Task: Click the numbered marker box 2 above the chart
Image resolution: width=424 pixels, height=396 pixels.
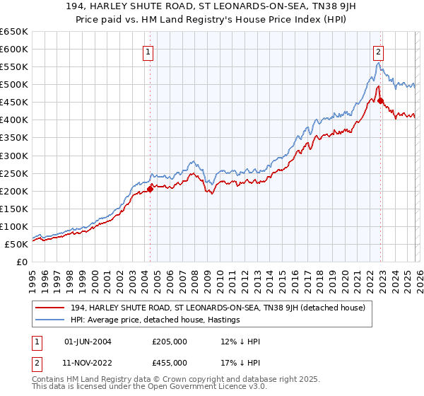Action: (x=379, y=51)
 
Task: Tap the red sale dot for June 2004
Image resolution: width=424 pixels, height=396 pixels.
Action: (x=150, y=189)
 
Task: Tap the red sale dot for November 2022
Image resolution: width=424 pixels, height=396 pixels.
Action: (x=380, y=100)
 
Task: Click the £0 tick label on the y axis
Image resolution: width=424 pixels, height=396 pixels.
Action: (x=20, y=262)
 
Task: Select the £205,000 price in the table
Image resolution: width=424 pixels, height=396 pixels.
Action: (x=170, y=341)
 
